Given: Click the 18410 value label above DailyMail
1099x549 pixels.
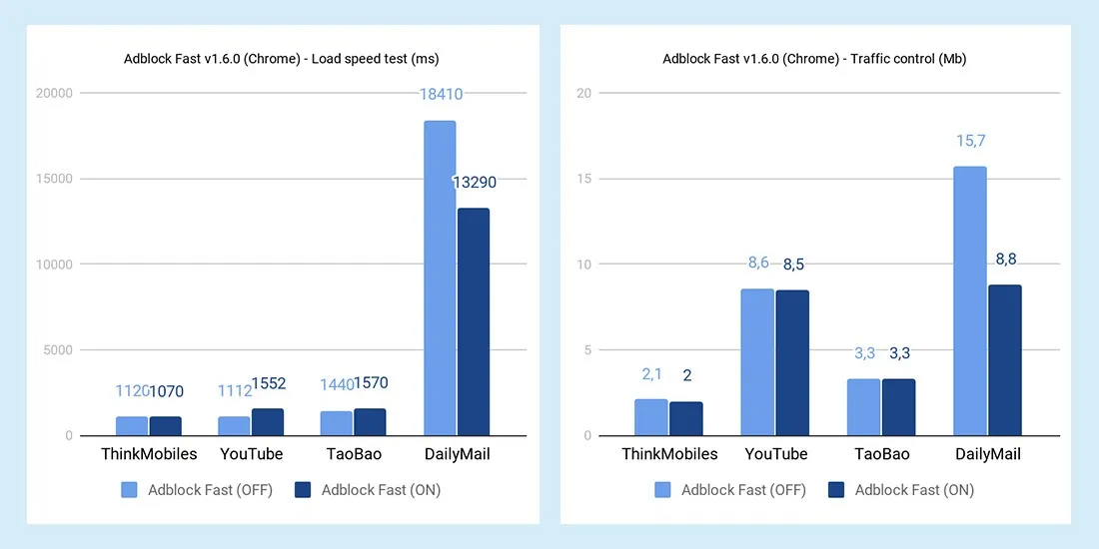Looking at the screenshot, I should click(440, 95).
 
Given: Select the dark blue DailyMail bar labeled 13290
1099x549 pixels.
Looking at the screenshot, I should click(473, 321).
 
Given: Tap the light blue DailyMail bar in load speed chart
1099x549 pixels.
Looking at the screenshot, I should click(440, 278).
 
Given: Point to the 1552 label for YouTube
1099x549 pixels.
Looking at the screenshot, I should click(268, 384).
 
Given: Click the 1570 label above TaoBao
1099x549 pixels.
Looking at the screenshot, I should click(371, 384).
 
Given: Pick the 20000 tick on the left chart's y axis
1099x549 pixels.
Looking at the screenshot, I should click(55, 93).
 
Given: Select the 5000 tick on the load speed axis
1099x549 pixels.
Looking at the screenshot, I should click(59, 350).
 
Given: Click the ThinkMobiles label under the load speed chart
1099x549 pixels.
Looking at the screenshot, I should click(149, 454).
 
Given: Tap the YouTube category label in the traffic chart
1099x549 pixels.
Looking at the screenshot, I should click(776, 454).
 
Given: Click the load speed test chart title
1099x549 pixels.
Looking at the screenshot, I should click(282, 59).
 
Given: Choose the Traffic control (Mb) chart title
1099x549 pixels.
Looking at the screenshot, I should click(814, 59).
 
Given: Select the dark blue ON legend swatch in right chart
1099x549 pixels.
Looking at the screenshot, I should click(837, 490).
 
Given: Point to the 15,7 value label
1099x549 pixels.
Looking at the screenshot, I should click(970, 141).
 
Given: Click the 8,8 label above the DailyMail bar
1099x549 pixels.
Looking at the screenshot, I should click(1006, 260).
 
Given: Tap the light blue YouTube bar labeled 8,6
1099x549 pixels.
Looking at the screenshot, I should click(757, 362).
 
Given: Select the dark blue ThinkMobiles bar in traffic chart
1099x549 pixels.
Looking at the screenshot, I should click(686, 418).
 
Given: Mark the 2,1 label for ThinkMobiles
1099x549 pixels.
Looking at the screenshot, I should click(651, 375).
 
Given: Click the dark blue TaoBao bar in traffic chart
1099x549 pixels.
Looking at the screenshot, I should click(899, 407).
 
